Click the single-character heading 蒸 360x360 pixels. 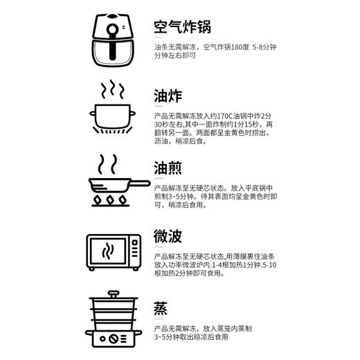point(161,307)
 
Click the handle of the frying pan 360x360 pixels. point(137,182)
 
